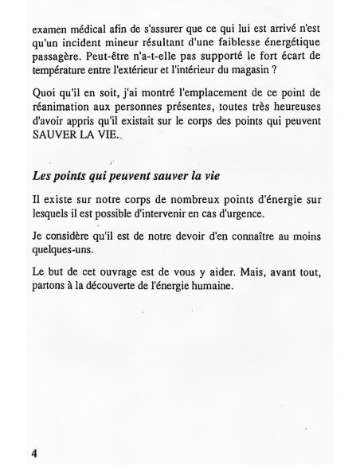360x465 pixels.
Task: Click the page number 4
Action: coord(35,451)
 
